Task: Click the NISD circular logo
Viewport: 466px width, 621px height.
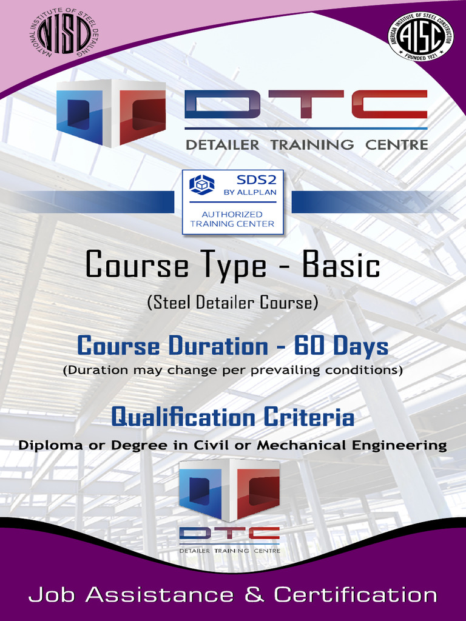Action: (x=64, y=33)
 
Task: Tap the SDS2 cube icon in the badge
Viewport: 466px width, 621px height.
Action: (x=202, y=184)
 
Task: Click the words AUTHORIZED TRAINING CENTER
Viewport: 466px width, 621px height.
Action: (x=232, y=219)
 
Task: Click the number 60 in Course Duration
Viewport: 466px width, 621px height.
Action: (x=308, y=346)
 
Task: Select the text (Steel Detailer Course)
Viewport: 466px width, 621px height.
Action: (x=232, y=303)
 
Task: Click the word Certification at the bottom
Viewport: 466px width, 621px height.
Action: (x=356, y=594)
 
